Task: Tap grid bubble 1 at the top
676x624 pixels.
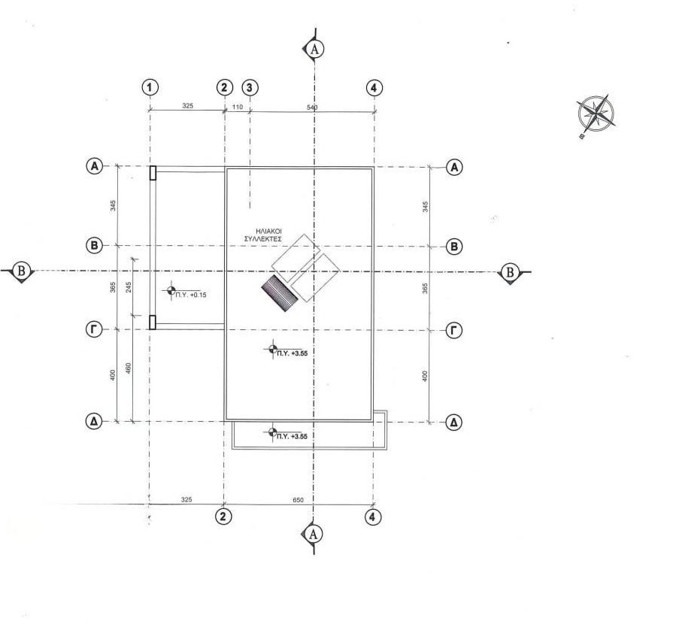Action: click(150, 87)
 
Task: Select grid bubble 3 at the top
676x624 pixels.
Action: click(250, 87)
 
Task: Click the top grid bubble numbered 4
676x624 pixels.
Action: click(374, 88)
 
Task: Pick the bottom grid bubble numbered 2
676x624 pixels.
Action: click(223, 516)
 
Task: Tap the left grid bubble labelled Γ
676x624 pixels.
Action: click(95, 330)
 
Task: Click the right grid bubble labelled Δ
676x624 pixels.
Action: click(453, 423)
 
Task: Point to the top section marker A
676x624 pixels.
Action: click(314, 48)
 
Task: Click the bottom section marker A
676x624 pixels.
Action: click(314, 535)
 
